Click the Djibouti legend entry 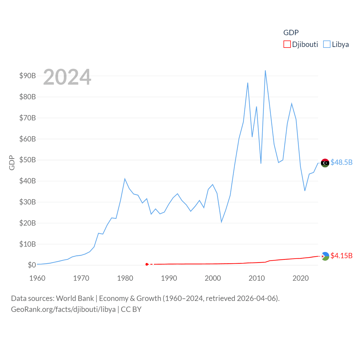coord(301,44)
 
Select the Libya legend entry coord(336,44)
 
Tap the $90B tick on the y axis coord(28,76)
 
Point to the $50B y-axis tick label coord(28,160)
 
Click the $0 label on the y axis coord(32,265)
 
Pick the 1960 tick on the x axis coord(37,278)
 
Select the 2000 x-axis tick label coord(213,278)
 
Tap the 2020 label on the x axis coord(300,278)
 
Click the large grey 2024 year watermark coord(67,77)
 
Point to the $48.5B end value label coord(341,162)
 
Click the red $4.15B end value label coord(341,256)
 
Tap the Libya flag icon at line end coord(325,163)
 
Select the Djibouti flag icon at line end coord(325,256)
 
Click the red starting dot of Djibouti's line coord(147,264)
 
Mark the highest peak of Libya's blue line coord(265,71)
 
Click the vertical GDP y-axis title coord(12,163)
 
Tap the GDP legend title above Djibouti coord(291,33)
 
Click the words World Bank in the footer coord(75,298)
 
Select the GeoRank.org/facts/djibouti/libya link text coord(63,309)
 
